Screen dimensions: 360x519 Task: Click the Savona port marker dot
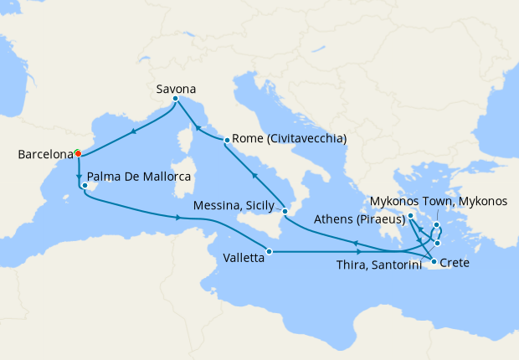(x=175, y=99)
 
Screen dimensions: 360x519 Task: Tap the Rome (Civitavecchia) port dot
(x=227, y=140)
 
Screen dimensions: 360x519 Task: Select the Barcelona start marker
(x=77, y=153)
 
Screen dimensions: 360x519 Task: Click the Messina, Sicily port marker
(x=285, y=212)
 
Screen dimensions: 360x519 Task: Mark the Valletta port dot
(x=269, y=251)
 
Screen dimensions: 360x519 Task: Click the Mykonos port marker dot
(x=437, y=225)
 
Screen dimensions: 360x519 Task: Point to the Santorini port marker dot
(x=437, y=243)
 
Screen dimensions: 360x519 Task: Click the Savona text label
(x=177, y=85)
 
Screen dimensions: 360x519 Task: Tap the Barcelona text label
(x=44, y=155)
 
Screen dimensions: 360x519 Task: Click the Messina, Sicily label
(x=238, y=204)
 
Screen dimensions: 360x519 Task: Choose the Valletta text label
(x=244, y=259)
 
